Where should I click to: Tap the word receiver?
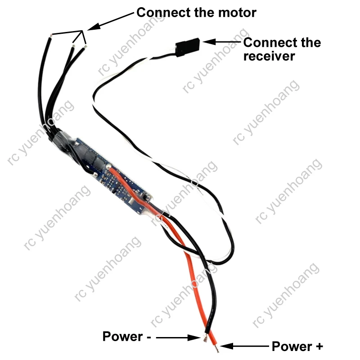coord(269,56)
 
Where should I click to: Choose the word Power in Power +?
coord(291,346)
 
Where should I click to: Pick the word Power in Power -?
coord(121,337)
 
